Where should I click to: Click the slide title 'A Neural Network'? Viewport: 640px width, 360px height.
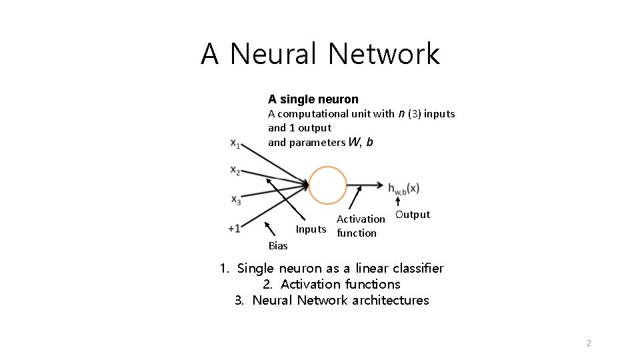tap(320, 53)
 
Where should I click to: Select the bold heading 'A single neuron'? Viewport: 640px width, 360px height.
tap(313, 99)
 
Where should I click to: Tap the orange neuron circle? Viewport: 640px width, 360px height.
tap(328, 185)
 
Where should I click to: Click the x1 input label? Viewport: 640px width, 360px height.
tap(235, 143)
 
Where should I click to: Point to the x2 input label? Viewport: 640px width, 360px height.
tap(235, 171)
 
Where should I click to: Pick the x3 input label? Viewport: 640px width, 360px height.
tap(235, 199)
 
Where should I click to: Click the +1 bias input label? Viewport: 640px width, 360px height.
tap(234, 228)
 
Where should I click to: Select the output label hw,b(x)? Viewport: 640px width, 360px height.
tap(403, 189)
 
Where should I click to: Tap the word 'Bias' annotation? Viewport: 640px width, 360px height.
tap(278, 246)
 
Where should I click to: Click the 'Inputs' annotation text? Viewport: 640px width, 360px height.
tap(311, 229)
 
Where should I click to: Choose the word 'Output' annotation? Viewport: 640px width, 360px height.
tap(413, 215)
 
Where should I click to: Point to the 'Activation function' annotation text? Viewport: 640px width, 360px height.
tap(360, 226)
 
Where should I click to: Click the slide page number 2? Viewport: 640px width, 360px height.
tap(588, 343)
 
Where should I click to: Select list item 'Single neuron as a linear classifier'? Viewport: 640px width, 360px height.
tap(331, 269)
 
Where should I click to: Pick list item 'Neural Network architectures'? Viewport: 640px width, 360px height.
tap(331, 301)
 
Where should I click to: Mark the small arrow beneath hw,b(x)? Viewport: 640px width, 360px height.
tap(398, 203)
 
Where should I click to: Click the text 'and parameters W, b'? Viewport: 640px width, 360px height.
tap(320, 142)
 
